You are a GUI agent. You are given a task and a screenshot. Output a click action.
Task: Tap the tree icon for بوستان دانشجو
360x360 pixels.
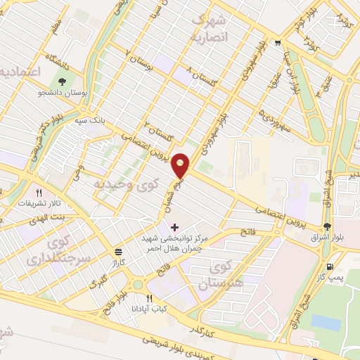pyautogui.click(x=64, y=82)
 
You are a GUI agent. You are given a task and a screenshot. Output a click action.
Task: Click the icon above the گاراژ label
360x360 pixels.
pyautogui.click(x=117, y=251)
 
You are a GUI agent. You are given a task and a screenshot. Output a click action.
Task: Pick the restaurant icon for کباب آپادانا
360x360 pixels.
pyautogui.click(x=149, y=299)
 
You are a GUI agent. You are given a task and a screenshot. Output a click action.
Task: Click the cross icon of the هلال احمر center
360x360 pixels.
pyautogui.click(x=174, y=227)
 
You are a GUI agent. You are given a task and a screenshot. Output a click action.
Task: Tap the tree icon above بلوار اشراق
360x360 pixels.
pyautogui.click(x=327, y=226)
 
